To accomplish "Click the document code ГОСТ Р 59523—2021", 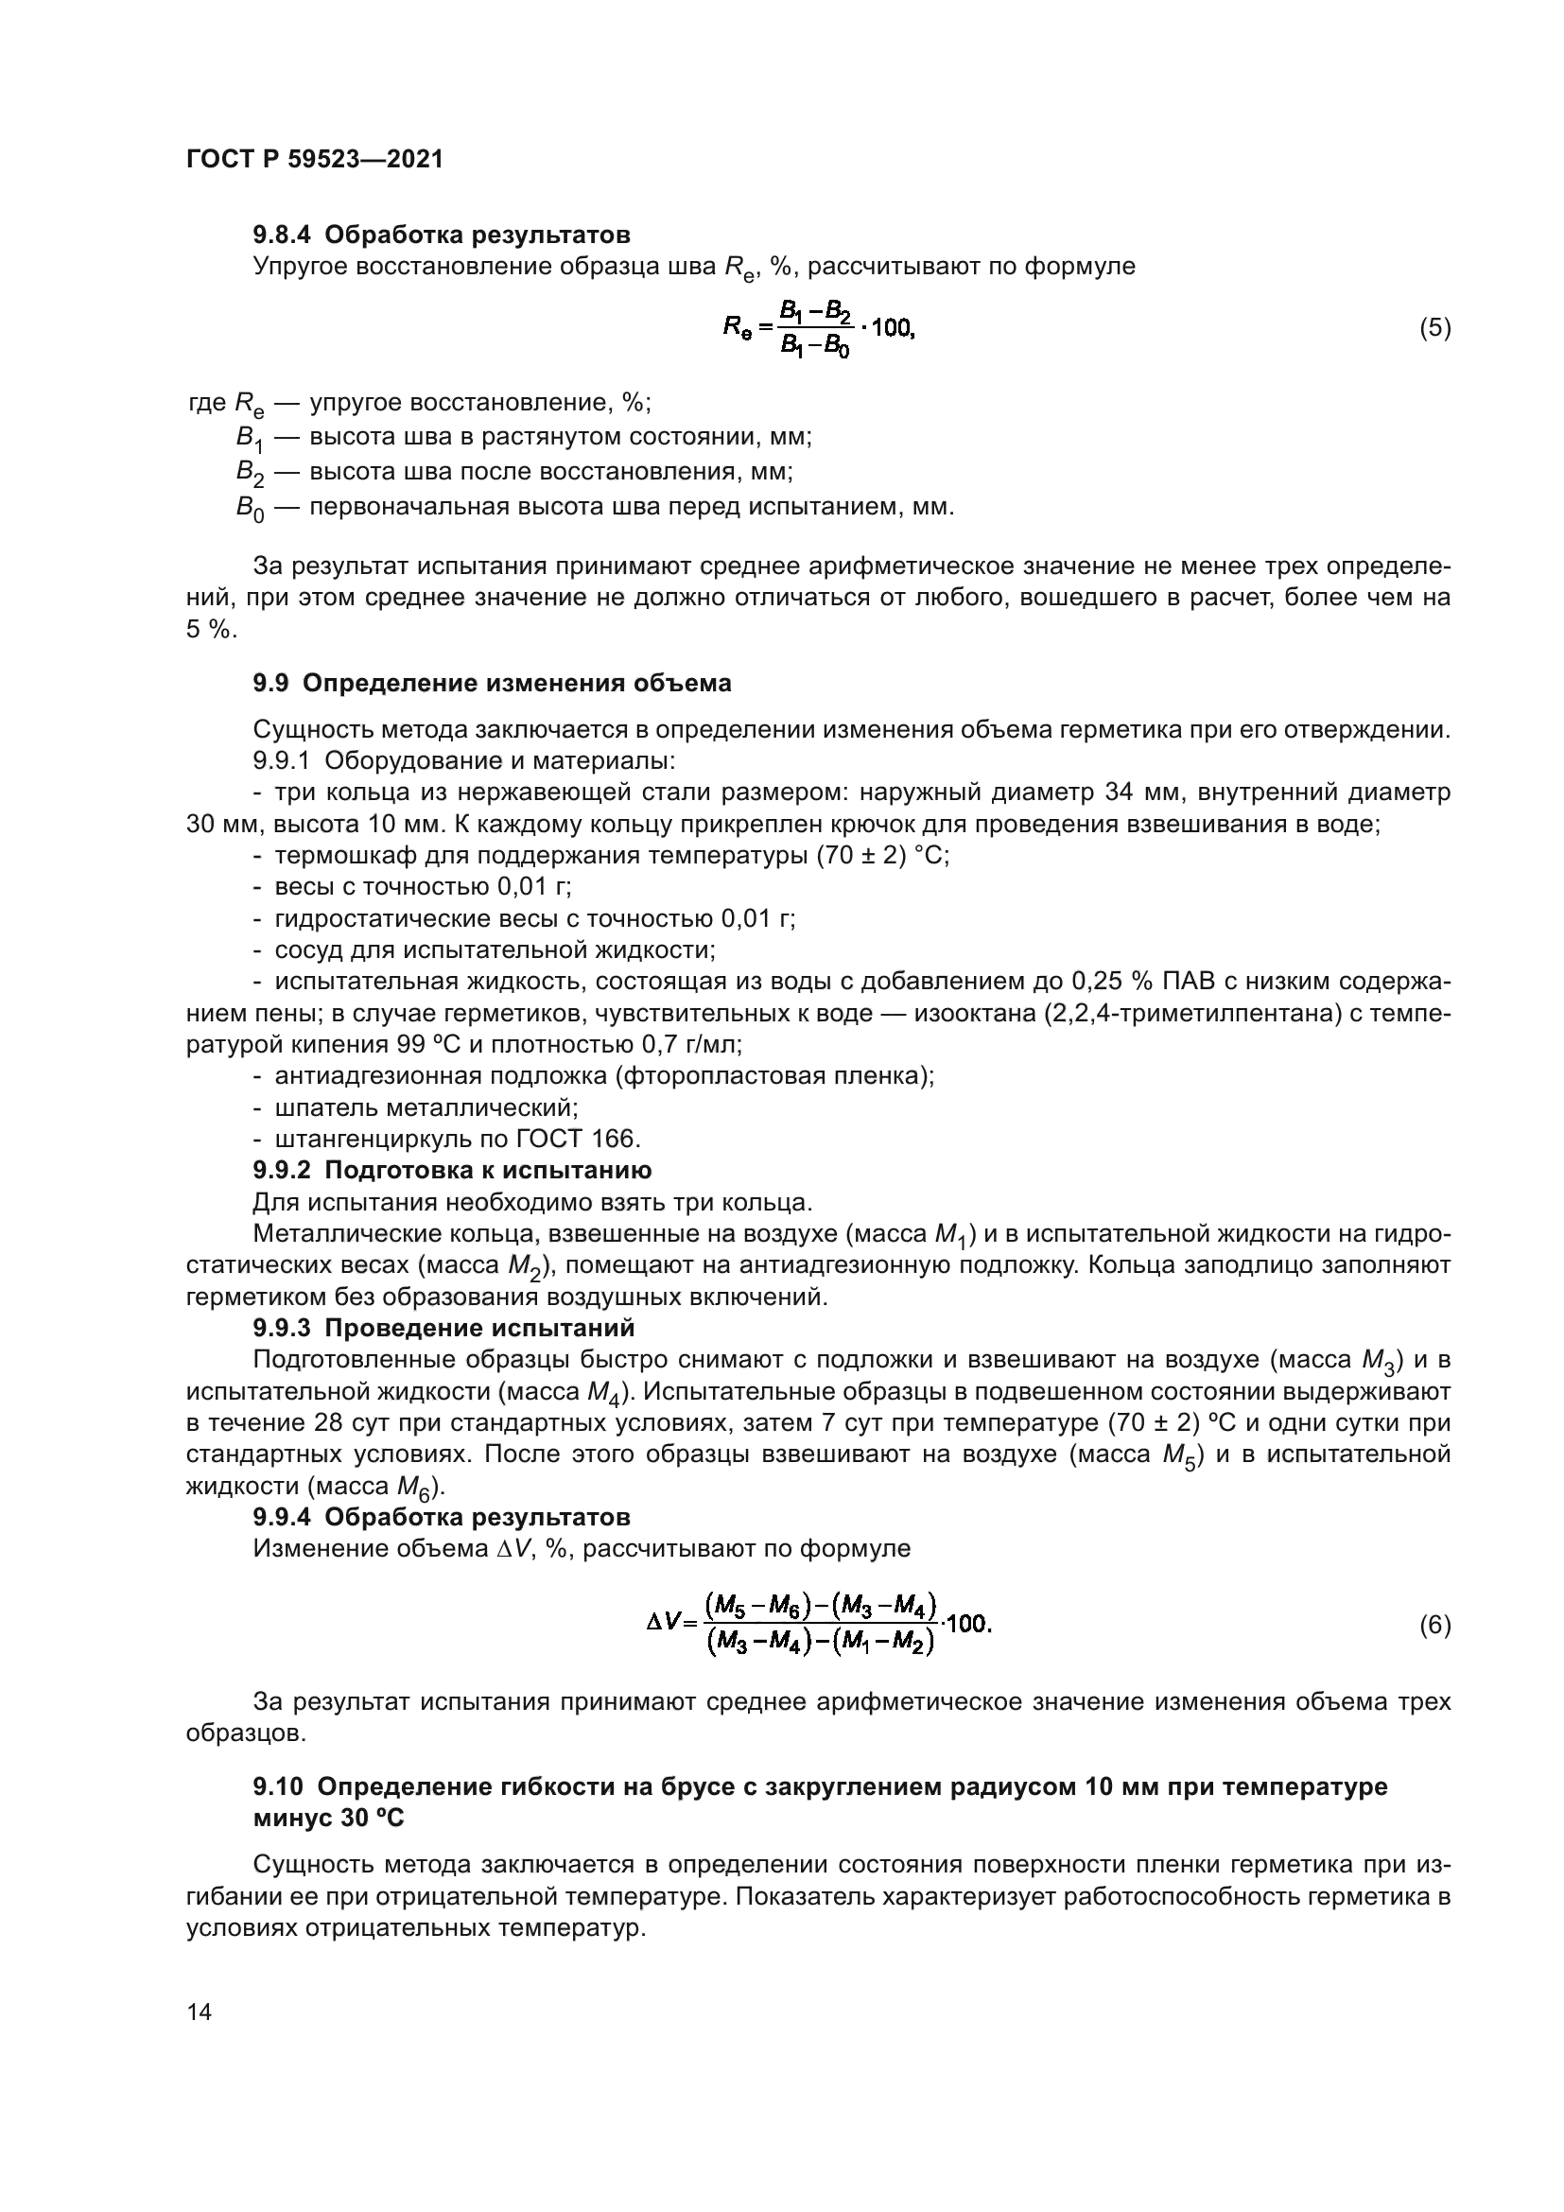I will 315,160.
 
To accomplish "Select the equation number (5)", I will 1434,328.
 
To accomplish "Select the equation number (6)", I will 1434,1626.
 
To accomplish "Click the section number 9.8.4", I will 283,235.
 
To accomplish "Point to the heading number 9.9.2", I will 283,1170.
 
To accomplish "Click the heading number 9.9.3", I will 283,1328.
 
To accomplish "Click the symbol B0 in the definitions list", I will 250,509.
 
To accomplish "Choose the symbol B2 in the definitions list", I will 250,473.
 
